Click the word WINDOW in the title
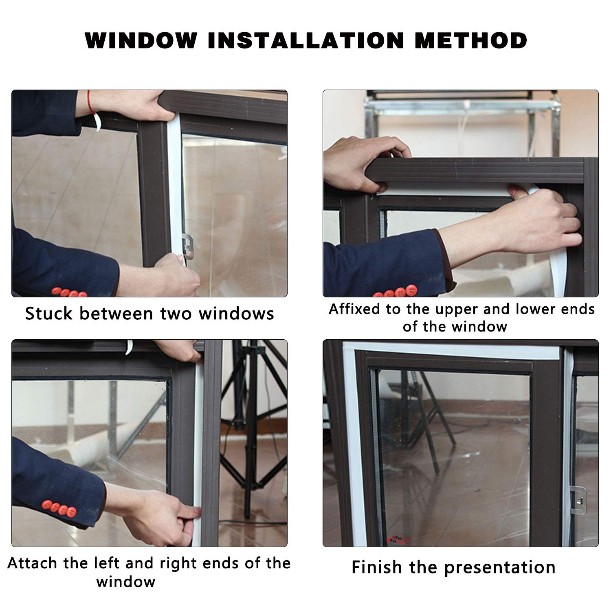point(141,40)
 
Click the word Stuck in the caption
point(49,314)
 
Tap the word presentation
point(500,568)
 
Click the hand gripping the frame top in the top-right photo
point(365,163)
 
